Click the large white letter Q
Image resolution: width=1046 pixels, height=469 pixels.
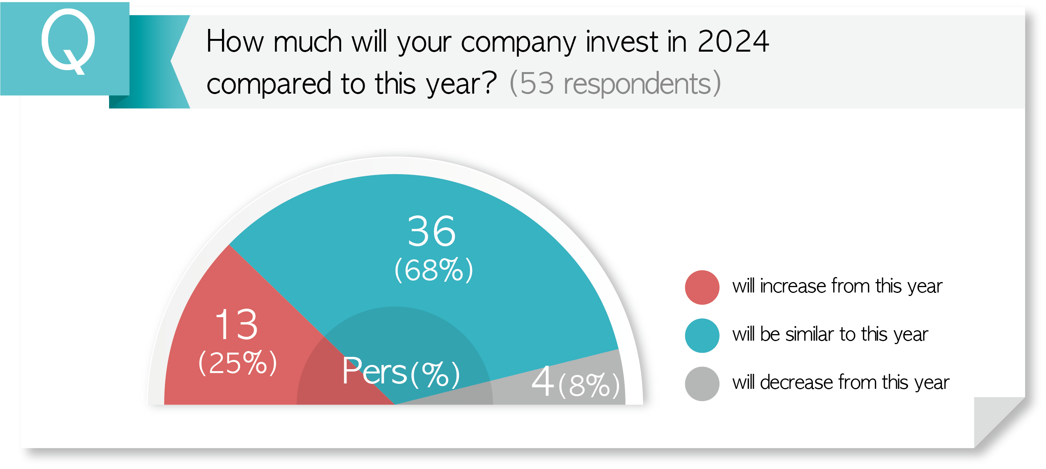[x=68, y=41]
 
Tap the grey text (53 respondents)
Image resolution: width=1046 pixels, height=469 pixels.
[x=615, y=83]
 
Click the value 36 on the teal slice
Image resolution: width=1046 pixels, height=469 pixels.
[x=432, y=231]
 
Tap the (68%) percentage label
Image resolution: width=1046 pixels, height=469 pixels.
[x=434, y=270]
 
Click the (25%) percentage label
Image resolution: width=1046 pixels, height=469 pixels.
[x=237, y=362]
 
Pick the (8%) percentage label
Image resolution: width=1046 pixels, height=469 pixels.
[x=589, y=385]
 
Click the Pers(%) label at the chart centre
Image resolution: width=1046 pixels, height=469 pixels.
[x=401, y=371]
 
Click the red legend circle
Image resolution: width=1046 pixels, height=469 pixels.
[x=702, y=287]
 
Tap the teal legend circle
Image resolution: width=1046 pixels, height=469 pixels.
[x=702, y=336]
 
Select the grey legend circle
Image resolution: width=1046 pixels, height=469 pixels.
[x=702, y=384]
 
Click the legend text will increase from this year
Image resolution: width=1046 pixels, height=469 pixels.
[x=837, y=286]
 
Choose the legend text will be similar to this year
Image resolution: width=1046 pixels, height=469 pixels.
[x=830, y=335]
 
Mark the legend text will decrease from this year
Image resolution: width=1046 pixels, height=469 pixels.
[x=841, y=383]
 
